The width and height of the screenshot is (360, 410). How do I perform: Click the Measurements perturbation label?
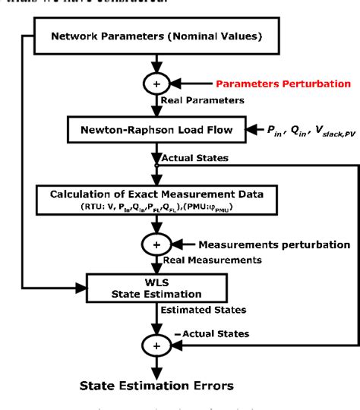273,244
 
